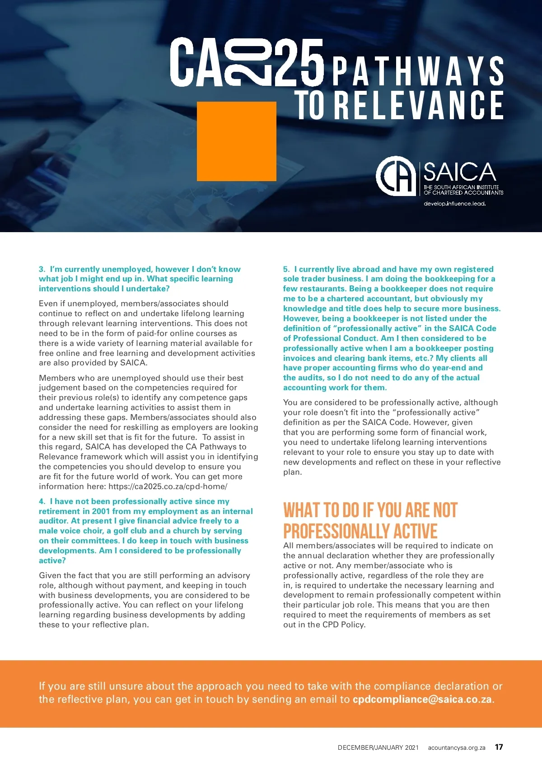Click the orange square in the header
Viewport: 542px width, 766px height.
(236, 141)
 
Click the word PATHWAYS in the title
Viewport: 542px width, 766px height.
(418, 71)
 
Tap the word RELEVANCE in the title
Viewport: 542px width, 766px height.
(419, 105)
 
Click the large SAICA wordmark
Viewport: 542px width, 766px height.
(460, 172)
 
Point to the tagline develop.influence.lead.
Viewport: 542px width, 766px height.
(454, 204)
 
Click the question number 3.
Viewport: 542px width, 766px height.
(42, 269)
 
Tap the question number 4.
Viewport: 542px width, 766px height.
(42, 501)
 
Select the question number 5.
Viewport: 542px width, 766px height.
(286, 269)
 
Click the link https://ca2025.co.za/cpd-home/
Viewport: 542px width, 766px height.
(168, 486)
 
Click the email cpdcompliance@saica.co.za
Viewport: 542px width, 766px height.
(422, 699)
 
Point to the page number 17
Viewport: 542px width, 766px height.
(499, 747)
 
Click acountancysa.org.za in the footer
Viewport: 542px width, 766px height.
(456, 747)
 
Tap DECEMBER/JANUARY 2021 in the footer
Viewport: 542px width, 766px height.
(378, 747)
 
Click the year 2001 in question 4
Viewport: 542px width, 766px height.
(101, 511)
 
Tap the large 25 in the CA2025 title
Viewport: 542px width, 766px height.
(299, 62)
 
